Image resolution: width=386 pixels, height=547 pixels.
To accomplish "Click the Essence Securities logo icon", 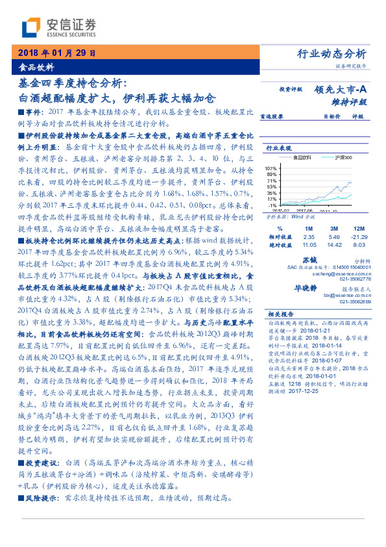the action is [x=30, y=28].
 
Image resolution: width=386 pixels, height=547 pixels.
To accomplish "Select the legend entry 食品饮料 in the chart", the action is [x=303, y=158].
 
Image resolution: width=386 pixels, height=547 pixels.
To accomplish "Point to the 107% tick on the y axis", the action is [x=271, y=168].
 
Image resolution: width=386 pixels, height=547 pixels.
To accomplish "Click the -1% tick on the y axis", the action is [x=272, y=205].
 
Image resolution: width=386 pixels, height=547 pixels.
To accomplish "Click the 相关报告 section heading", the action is [x=280, y=313].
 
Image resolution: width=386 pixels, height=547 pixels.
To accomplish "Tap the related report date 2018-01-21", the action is [x=311, y=329].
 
